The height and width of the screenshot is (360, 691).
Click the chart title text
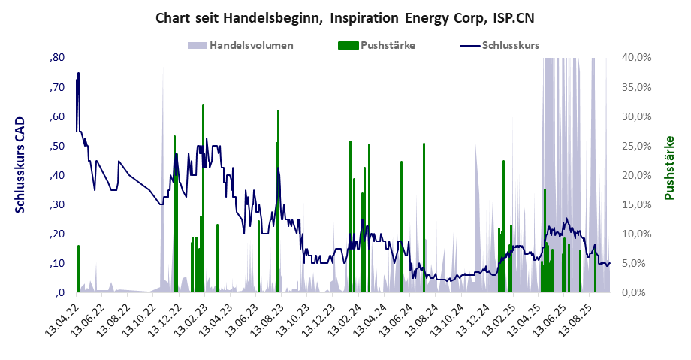point(345,17)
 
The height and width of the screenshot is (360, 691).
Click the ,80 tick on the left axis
point(57,58)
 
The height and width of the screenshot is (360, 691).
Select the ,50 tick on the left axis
point(57,146)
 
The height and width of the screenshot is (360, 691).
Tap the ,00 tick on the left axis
point(57,292)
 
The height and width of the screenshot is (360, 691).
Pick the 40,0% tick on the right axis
point(638,58)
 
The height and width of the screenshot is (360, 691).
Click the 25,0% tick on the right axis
point(638,146)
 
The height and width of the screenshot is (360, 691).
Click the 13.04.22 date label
point(62,319)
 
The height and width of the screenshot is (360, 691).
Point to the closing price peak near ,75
point(78,74)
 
